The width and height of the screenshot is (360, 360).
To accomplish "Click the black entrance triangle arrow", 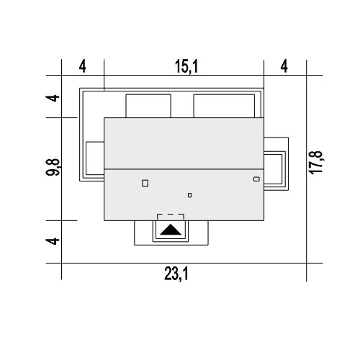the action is click(x=171, y=230).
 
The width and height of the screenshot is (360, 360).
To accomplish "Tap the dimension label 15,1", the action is click(x=186, y=66).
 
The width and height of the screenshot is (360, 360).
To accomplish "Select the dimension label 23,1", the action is click(x=176, y=274).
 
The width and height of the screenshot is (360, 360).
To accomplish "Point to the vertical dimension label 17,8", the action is click(x=316, y=163).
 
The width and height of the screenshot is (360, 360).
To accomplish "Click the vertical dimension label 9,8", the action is click(x=53, y=167).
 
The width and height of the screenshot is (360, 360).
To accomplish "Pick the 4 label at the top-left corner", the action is click(x=83, y=66).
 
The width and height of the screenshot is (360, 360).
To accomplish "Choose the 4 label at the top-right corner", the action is click(x=284, y=66).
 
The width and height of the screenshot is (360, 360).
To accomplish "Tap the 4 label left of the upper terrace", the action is click(x=53, y=98).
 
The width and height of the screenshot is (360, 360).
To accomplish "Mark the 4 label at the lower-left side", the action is click(x=53, y=241).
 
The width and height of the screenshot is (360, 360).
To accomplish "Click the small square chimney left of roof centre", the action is click(x=145, y=184).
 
